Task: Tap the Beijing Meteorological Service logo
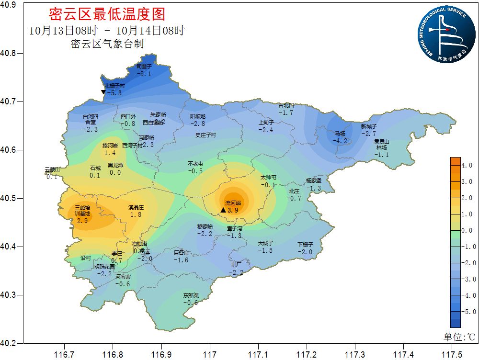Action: tap(444, 34)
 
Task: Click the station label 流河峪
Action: tap(233, 203)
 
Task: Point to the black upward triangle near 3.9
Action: tap(223, 210)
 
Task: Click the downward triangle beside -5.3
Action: tap(103, 92)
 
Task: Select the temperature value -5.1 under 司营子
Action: tap(144, 74)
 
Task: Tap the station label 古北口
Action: tap(286, 106)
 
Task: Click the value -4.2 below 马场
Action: tap(340, 141)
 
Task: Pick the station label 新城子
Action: tap(369, 126)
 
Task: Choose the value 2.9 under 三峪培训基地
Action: tap(82, 221)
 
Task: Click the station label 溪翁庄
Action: tap(136, 208)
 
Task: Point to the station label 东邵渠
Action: tap(190, 295)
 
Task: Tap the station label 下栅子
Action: tap(305, 245)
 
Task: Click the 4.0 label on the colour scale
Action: tap(468, 165)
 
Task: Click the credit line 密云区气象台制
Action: tap(107, 44)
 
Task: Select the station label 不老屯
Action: tap(195, 164)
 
